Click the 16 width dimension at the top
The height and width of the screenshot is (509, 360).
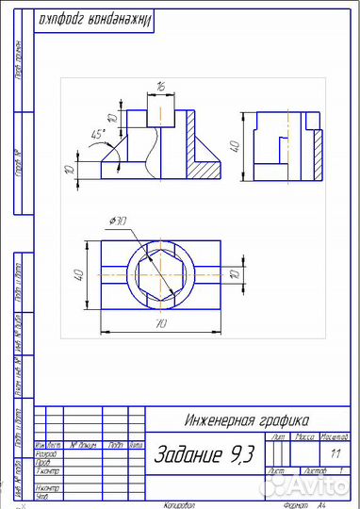(x=161, y=86)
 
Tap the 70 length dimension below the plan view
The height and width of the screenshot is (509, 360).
(x=161, y=323)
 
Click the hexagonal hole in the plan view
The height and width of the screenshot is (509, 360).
(x=161, y=274)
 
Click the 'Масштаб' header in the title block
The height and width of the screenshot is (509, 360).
(x=335, y=438)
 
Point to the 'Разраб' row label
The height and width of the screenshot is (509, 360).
(x=45, y=453)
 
